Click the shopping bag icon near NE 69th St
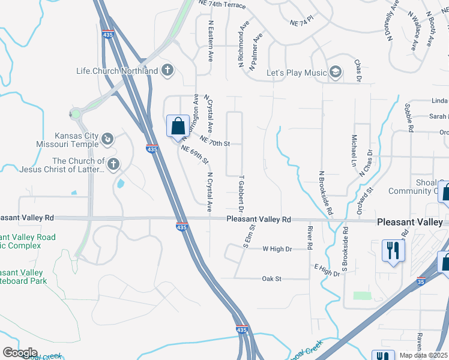[178, 127]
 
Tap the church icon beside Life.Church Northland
[167, 71]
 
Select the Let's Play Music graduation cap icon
[335, 73]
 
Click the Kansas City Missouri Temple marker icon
[107, 140]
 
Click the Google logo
[20, 353]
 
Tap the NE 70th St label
[215, 142]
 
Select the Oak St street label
[276, 279]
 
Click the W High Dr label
[277, 248]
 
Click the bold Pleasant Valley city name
[409, 222]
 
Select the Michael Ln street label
[354, 152]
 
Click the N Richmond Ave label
[243, 45]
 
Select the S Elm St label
[252, 235]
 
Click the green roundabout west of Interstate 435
[76, 113]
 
